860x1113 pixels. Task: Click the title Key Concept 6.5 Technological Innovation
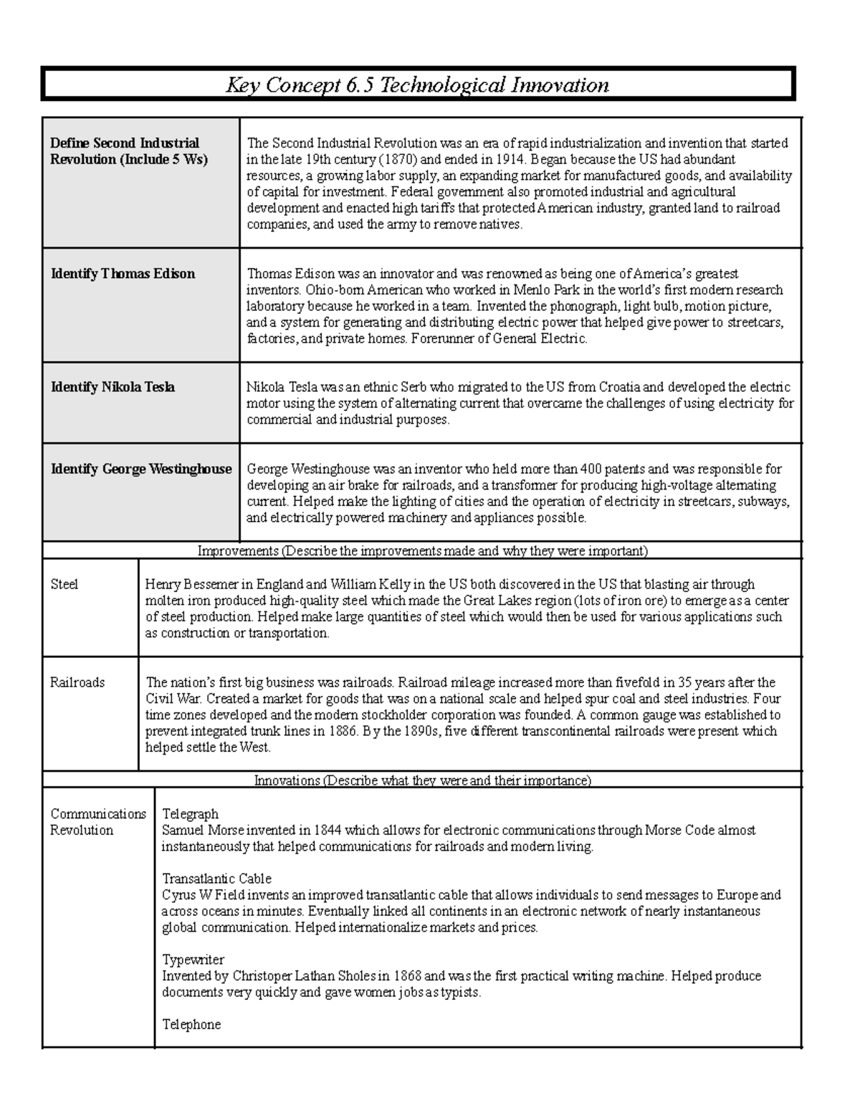[418, 85]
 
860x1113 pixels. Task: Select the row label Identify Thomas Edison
[123, 274]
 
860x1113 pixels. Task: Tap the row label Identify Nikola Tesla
[113, 387]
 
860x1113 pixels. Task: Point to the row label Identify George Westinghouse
[141, 469]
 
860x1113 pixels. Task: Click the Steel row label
[64, 584]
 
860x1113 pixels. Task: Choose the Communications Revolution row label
[97, 822]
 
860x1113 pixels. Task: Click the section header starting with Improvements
[422, 551]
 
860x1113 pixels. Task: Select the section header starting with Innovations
[422, 780]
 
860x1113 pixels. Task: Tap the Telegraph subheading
[190, 814]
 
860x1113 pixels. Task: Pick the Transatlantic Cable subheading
[216, 879]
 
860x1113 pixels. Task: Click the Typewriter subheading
[193, 960]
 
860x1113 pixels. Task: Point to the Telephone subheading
[191, 1024]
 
